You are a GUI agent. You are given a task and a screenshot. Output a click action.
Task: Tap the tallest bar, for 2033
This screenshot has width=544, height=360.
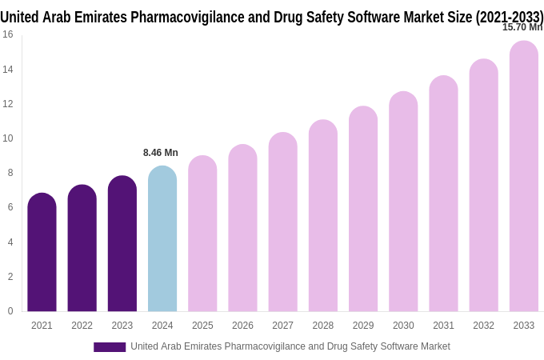tap(524, 176)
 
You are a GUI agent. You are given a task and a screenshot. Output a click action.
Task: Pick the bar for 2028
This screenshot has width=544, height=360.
tap(323, 216)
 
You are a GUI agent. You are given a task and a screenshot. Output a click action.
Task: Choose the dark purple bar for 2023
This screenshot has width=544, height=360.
tap(122, 244)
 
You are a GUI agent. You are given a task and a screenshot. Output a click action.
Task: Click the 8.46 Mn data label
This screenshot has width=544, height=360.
tap(161, 153)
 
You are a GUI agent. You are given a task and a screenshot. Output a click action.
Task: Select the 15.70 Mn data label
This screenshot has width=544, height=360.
tap(521, 27)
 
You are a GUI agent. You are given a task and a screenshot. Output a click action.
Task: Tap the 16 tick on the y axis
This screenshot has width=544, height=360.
tap(8, 34)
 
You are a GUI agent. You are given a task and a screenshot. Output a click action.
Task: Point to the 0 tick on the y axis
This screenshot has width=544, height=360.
tap(10, 311)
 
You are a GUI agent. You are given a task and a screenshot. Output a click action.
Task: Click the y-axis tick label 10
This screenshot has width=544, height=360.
tap(8, 138)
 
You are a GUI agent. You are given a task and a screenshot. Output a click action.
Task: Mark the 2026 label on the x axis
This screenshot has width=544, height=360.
tap(242, 326)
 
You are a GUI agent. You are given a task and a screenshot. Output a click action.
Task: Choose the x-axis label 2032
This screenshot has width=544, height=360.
tap(483, 326)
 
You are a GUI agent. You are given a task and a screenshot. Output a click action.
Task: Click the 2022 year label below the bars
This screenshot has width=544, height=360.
tap(82, 326)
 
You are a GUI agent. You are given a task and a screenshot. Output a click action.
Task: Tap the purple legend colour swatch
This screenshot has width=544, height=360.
tap(110, 347)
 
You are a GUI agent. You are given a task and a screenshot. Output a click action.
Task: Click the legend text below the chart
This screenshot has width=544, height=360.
tap(290, 346)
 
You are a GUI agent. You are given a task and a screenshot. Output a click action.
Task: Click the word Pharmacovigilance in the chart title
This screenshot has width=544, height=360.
tap(181, 16)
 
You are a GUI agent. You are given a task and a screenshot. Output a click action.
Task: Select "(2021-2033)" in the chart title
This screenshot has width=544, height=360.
tap(510, 16)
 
